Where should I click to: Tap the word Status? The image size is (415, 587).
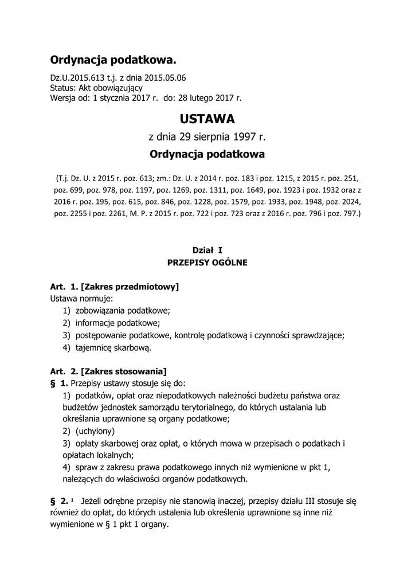point(62,88)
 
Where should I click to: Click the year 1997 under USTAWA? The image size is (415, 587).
point(243,137)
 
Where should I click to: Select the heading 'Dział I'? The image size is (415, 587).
point(207,249)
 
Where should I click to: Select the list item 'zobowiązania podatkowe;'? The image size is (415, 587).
point(123,311)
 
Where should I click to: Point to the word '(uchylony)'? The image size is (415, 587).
point(96,431)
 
